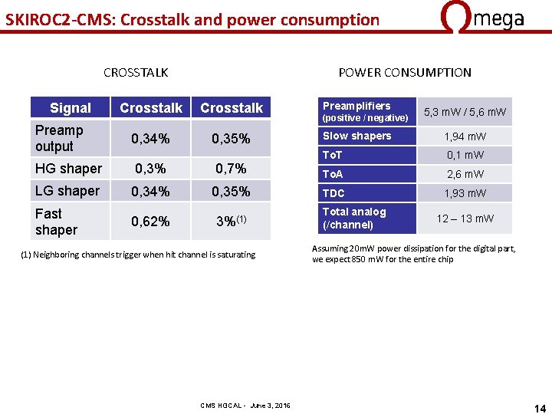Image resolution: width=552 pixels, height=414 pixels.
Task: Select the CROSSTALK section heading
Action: click(x=136, y=73)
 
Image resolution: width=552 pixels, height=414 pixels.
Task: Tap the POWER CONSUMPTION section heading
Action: click(x=405, y=73)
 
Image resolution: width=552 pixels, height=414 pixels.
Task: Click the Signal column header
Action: click(x=70, y=108)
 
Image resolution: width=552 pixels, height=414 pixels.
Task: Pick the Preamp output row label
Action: click(x=59, y=138)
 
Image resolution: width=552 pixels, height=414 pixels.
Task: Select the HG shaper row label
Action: click(x=68, y=169)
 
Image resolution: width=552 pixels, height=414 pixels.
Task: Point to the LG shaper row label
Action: click(x=67, y=191)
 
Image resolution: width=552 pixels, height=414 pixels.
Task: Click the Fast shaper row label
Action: click(x=56, y=222)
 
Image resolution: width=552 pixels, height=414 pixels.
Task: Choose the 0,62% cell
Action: click(x=150, y=222)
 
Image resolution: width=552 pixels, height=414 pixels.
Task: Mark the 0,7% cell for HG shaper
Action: click(x=231, y=169)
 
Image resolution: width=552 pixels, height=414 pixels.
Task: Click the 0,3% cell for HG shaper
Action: click(x=150, y=169)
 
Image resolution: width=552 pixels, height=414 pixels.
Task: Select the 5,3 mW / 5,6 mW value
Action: click(x=465, y=112)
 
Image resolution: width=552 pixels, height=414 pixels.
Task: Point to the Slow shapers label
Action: click(x=356, y=136)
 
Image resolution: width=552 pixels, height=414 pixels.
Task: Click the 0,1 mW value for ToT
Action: click(x=465, y=156)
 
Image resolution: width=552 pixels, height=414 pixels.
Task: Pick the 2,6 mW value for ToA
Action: click(x=465, y=175)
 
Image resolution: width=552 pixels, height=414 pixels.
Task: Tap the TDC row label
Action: click(x=333, y=193)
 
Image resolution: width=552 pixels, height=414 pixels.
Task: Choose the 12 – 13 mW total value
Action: click(x=465, y=219)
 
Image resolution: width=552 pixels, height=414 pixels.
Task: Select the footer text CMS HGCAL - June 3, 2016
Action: click(x=245, y=405)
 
